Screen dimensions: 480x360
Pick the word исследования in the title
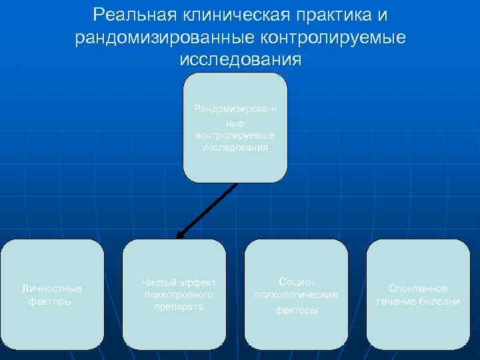point(241,59)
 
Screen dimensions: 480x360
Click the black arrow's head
point(180,234)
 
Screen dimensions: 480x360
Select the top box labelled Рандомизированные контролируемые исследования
point(235,127)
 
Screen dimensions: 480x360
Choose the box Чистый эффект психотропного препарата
point(175,294)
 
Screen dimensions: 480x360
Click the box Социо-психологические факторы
point(297,294)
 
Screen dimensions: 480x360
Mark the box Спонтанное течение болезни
point(419,294)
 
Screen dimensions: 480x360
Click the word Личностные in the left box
point(52,289)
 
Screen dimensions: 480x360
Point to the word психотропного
point(174,294)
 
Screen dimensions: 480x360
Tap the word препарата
point(174,306)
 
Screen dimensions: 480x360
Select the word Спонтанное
point(418,289)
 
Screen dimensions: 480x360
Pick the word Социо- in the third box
point(296,281)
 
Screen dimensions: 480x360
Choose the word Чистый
point(155,283)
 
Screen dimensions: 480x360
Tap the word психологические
point(297,294)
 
